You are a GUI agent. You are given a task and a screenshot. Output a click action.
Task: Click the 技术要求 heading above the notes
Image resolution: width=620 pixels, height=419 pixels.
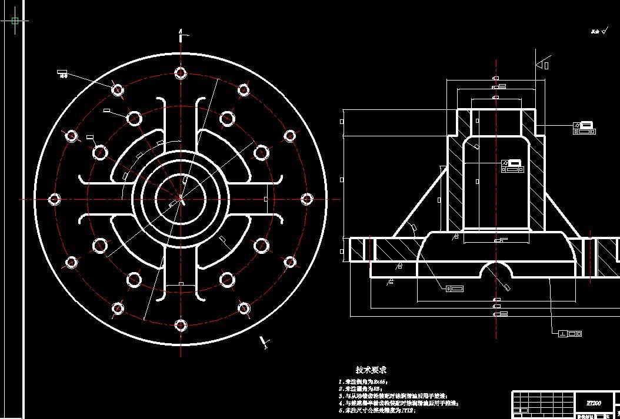tap(371, 370)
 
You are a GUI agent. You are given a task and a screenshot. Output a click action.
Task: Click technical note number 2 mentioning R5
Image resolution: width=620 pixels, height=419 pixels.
tap(362, 389)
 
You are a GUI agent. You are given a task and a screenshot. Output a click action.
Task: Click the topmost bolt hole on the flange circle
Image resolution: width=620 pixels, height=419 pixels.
tap(180, 73)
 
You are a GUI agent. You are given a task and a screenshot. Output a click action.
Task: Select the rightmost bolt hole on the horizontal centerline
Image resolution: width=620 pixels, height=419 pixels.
tap(306, 199)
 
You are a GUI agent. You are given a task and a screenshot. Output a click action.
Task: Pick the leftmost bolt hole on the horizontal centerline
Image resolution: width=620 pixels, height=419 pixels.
tap(55, 199)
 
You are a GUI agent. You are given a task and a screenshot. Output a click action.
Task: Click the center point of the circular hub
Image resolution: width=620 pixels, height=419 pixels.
tap(180, 199)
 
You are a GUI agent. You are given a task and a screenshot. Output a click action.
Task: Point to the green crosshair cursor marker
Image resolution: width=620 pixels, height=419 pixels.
tap(15, 21)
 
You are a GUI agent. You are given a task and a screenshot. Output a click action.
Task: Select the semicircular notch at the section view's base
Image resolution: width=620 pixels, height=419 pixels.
tap(495, 271)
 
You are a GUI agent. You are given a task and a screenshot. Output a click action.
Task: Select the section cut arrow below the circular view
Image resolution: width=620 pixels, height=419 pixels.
tap(264, 341)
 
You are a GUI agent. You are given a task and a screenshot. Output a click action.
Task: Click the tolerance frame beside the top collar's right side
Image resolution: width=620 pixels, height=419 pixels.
tap(584, 128)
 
